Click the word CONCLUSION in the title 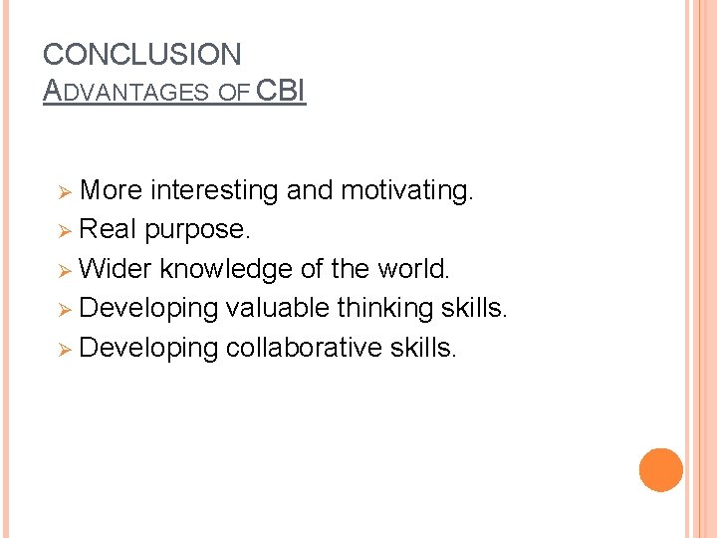[142, 55]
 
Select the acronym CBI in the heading [281, 91]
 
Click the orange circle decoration [660, 470]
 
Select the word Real [108, 229]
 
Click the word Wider [116, 269]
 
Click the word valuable [278, 309]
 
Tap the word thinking [385, 309]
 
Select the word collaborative [306, 348]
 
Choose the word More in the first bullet [111, 190]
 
